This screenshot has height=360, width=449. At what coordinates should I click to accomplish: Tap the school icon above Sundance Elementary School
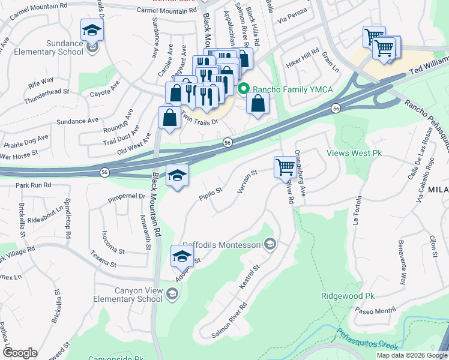pos(92,29)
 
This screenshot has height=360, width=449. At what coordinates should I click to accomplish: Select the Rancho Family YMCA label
pos(292,90)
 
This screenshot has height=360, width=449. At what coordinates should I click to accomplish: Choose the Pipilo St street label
pos(211,192)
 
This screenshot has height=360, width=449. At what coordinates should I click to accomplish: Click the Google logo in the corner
pos(20,353)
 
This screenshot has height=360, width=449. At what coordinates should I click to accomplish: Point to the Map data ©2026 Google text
pos(411,355)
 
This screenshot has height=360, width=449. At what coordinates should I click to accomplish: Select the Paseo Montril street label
pos(376,311)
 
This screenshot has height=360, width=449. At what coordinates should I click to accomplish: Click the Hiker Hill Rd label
pos(302,58)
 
